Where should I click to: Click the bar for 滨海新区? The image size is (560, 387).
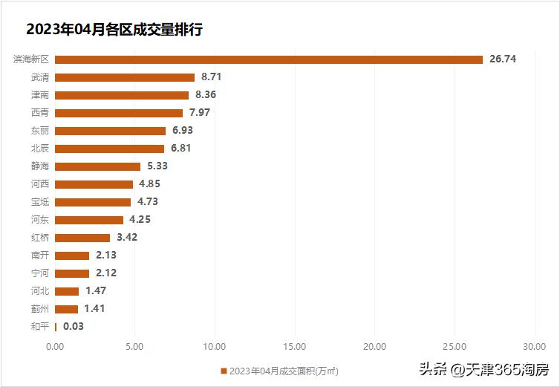[x=269, y=59]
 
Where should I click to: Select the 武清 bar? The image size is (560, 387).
[x=125, y=77]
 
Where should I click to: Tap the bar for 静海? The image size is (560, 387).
[x=97, y=166]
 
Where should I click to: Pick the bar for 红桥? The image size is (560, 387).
[x=82, y=238]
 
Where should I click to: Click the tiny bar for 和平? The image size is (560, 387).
[x=56, y=327]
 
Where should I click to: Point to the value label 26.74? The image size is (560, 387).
[x=503, y=59]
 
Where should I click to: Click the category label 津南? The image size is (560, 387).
[x=40, y=95]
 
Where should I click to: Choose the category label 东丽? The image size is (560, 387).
[x=40, y=131]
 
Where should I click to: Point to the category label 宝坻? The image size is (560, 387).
[x=40, y=202]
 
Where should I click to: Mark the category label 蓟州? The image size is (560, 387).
[x=40, y=309]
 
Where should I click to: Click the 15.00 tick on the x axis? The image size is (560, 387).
[x=295, y=346]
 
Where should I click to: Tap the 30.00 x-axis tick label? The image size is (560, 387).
[x=535, y=346]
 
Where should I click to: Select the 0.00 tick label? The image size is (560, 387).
[x=55, y=346]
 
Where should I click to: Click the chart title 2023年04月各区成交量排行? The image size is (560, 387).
[x=114, y=30]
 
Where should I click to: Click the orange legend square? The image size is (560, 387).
[x=223, y=371]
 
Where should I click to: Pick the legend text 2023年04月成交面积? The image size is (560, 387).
[x=283, y=371]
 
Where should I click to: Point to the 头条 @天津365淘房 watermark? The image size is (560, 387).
[x=484, y=369]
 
